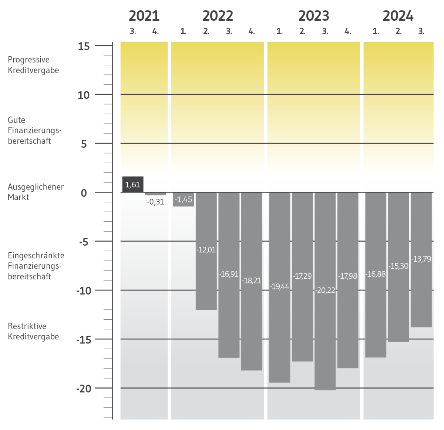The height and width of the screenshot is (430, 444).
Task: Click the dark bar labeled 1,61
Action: coord(132,184)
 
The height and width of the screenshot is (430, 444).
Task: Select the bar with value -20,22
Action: coord(325,333)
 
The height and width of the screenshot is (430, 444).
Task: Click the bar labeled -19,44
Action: coord(279,333)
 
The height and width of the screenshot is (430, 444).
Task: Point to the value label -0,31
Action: coord(155,202)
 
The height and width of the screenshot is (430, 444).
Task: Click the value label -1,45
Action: coord(184,199)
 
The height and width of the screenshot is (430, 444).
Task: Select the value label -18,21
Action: coord(252,280)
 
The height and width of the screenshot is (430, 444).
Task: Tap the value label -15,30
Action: coord(398,266)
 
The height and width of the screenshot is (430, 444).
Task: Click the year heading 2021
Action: coord(144,16)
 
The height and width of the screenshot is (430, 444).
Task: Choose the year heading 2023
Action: coord(313,16)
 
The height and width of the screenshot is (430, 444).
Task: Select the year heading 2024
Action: coord(398,16)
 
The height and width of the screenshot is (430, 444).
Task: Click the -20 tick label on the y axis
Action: coord(83,388)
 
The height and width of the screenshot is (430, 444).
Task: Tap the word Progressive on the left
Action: coord(28,60)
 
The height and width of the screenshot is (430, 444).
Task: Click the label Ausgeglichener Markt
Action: coord(36,192)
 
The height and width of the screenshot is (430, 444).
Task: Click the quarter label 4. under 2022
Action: coord(252,31)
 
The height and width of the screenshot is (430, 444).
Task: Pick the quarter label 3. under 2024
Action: coord(421,31)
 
